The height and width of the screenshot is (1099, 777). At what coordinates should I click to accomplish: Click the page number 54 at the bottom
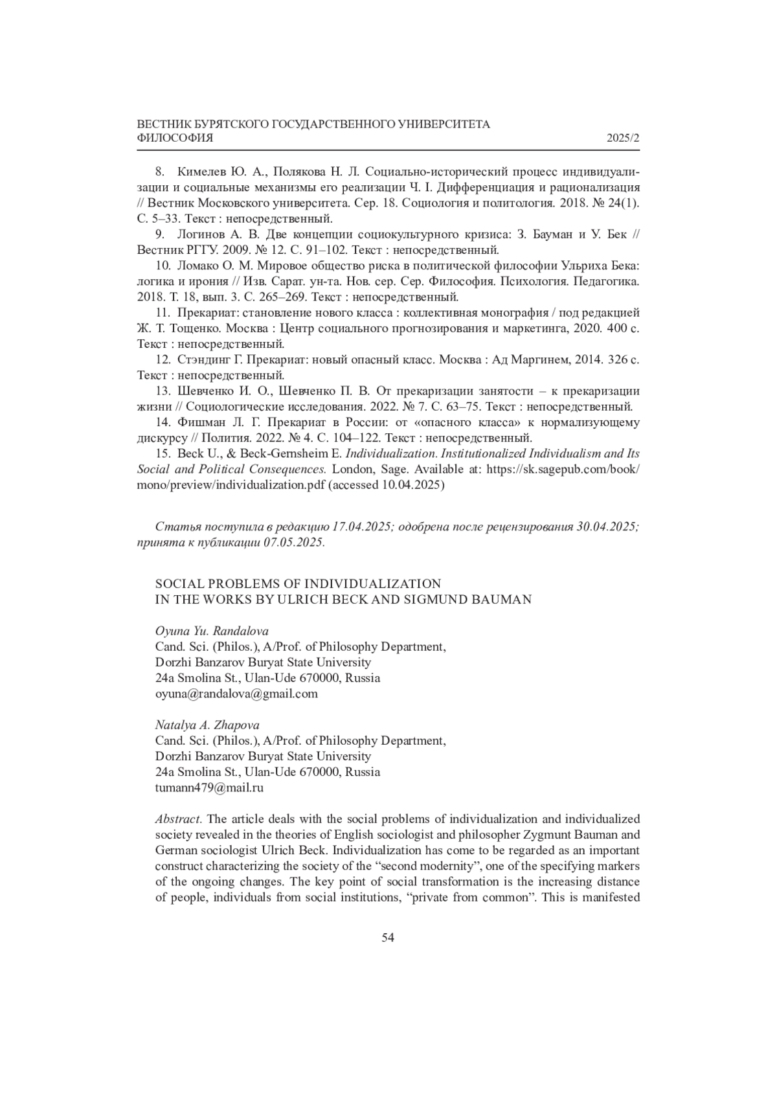tap(388, 938)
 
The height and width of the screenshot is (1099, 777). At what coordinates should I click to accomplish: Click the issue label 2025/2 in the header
tap(623, 139)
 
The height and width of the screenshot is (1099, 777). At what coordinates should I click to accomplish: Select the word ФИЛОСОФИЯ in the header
tap(175, 139)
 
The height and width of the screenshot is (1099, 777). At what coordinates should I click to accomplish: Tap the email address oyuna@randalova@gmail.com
tap(236, 694)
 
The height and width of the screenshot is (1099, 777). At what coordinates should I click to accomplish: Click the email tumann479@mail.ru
tap(209, 787)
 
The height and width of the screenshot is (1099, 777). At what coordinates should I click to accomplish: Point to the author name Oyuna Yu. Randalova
tap(212, 631)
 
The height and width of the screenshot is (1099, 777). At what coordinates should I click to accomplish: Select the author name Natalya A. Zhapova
tap(207, 725)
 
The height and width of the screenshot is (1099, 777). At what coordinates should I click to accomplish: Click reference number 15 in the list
tap(162, 453)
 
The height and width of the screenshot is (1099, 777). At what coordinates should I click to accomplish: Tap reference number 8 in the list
tap(159, 172)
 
